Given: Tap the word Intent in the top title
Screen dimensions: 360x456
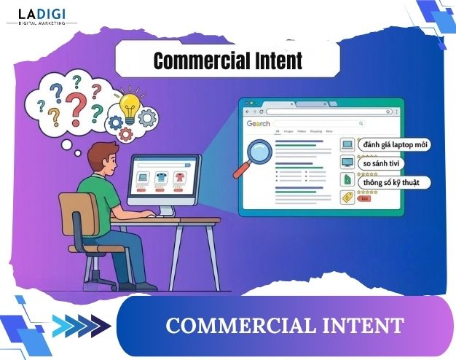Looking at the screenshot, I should coord(274,60).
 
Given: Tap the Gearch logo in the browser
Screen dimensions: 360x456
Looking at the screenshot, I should coord(259,124).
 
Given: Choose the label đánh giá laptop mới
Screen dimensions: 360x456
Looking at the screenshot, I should coord(394,145).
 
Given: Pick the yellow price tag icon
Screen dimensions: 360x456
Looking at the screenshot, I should coord(347,197).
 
